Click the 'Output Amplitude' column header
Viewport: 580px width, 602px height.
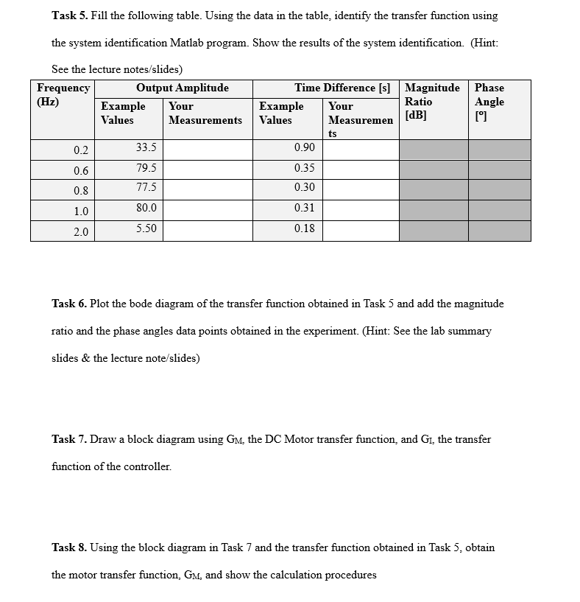click(x=183, y=88)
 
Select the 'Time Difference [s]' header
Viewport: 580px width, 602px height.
click(x=342, y=88)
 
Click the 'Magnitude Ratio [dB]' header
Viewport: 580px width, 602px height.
click(x=432, y=101)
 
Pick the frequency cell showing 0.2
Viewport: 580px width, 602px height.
click(x=81, y=151)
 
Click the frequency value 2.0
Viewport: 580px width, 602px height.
click(x=81, y=232)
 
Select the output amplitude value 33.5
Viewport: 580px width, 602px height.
click(x=146, y=147)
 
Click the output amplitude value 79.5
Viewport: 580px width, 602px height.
click(x=146, y=168)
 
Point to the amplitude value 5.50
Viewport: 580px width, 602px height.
click(x=146, y=228)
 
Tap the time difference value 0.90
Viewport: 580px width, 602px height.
click(x=304, y=147)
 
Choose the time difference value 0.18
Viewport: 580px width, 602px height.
click(x=304, y=228)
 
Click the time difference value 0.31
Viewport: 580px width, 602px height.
click(x=304, y=208)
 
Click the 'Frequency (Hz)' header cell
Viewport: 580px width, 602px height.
click(x=63, y=94)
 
